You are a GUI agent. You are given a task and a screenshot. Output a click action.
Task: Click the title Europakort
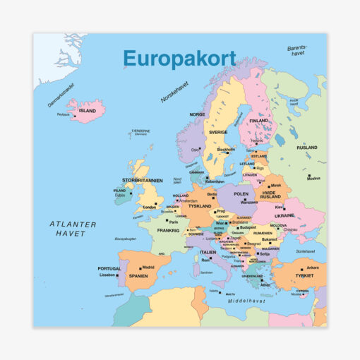coord(179,58)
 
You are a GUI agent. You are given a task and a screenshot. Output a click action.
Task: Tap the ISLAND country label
coord(88,111)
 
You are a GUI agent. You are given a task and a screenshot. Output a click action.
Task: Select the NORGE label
coord(196,114)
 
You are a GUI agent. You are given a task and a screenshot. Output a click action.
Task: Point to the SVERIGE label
coord(217,132)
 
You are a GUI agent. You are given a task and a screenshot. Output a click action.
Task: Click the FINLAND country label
coord(259,120)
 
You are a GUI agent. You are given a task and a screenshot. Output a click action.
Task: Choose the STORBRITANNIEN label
coord(143,180)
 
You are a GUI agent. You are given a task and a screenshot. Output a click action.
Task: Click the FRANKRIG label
coord(169,230)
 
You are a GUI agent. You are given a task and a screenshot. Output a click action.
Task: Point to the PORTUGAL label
coord(109,268)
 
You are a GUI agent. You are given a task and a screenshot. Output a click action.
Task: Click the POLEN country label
coord(241,193)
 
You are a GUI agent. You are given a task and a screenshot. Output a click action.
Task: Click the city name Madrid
coord(148,268)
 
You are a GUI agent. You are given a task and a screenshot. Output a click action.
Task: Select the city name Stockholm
coord(226,150)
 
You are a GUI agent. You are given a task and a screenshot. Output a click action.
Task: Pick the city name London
coord(149,208)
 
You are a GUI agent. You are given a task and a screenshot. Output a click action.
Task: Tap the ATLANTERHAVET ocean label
coord(73,229)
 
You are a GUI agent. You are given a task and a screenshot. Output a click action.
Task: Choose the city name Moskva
coord(313,179)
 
